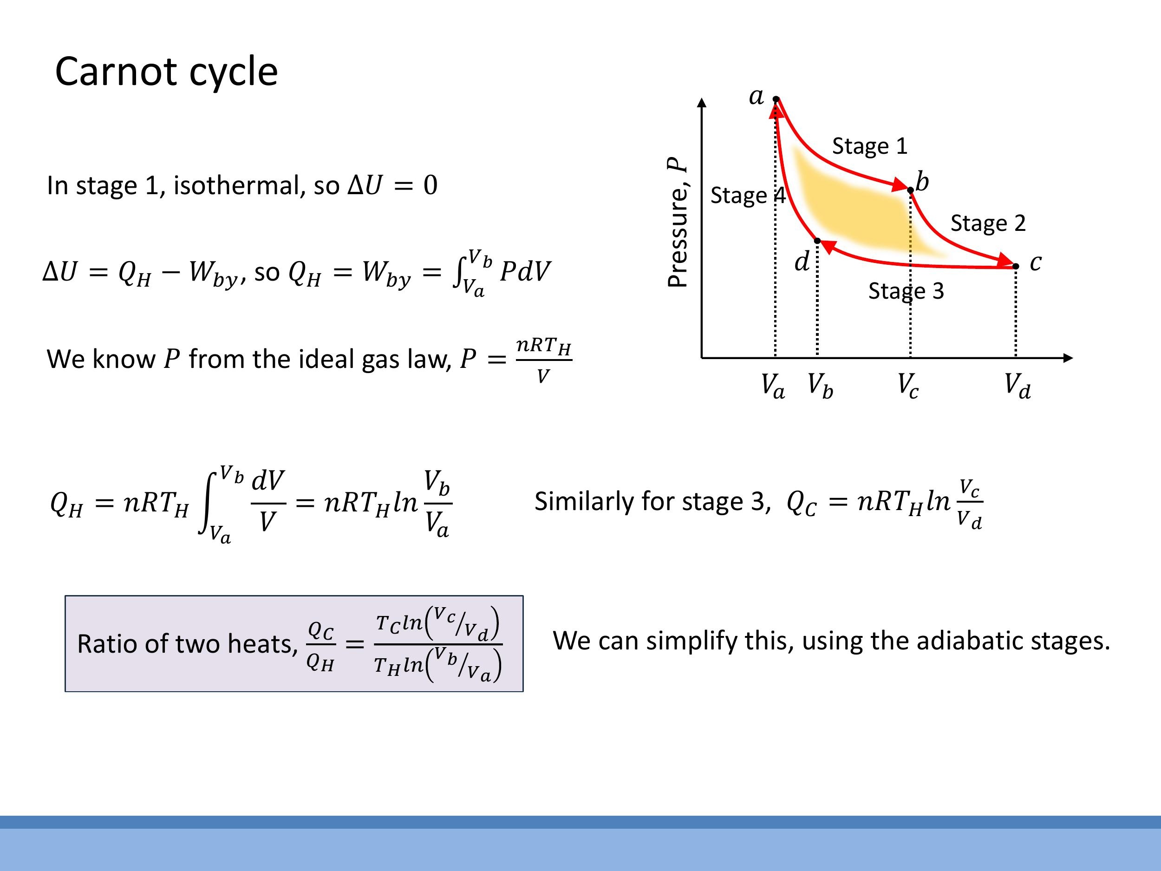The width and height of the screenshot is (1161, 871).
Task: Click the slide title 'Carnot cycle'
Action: pyautogui.click(x=166, y=72)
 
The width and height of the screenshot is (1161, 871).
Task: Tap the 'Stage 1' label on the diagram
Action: pyautogui.click(x=870, y=146)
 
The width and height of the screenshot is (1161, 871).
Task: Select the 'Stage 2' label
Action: pyautogui.click(x=988, y=223)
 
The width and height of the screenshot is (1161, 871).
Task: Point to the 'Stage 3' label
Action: pyautogui.click(x=906, y=291)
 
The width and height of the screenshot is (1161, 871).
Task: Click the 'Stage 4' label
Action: pyautogui.click(x=747, y=195)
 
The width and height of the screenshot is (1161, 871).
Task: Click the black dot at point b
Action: pyautogui.click(x=910, y=190)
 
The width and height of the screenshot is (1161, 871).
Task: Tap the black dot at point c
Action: pyautogui.click(x=1016, y=266)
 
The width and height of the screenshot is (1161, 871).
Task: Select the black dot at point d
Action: pyautogui.click(x=817, y=241)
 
